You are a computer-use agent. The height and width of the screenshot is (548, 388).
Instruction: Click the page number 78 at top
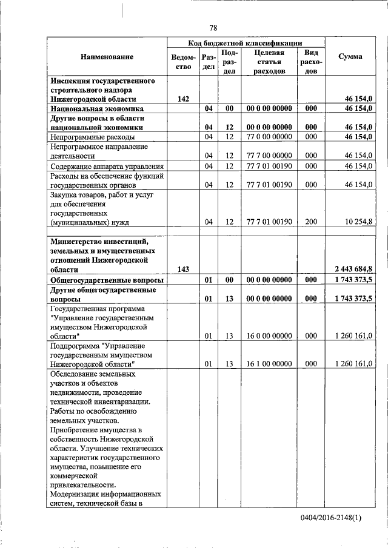coord(213,28)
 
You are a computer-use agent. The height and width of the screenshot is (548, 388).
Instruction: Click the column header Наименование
coord(107,56)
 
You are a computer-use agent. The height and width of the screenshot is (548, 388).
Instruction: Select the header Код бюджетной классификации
coord(245,43)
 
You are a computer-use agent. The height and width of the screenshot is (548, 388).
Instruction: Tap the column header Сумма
coord(350,56)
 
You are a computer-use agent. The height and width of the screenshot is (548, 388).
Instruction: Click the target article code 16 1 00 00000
coord(269,363)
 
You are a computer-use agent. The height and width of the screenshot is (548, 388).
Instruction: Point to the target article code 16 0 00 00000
coord(269,335)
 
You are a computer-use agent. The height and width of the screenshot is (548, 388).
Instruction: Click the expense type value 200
coord(311,222)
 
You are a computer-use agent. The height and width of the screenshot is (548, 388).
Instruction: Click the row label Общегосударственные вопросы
coord(106,280)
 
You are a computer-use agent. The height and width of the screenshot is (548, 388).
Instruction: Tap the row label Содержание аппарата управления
coord(101,166)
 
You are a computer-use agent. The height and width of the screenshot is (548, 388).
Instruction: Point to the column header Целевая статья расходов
coord(269,62)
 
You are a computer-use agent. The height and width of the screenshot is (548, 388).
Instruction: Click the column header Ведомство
coord(184,62)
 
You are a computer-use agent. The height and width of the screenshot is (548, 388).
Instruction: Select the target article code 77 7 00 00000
coord(269,156)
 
